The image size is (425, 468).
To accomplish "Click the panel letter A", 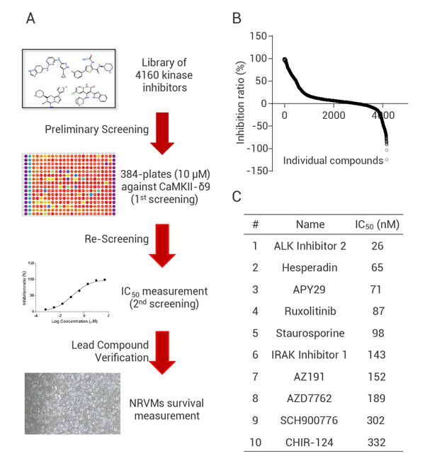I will click(30, 17).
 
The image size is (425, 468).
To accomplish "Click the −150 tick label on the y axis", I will click(257, 171).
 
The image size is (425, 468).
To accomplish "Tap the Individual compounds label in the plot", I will click(333, 160).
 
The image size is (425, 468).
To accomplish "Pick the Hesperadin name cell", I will click(310, 270).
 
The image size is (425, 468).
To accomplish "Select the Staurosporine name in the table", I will click(310, 332).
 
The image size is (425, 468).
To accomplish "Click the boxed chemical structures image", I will click(68, 78).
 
